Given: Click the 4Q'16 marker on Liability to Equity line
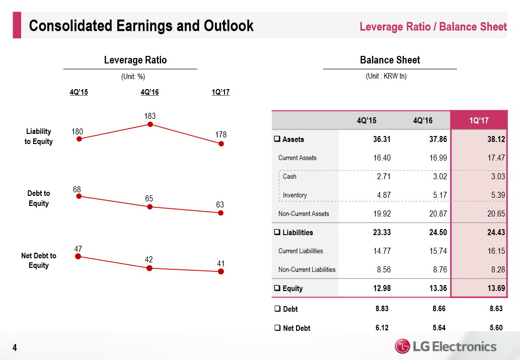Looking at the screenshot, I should click(150, 125).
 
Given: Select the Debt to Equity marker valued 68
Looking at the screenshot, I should click(79, 197).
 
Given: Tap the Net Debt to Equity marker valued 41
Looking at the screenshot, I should click(220, 271).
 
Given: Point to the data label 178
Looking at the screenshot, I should click(220, 135).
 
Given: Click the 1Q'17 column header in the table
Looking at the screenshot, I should click(478, 121).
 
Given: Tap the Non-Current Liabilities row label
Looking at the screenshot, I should click(307, 270).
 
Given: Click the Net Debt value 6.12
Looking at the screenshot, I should click(382, 328).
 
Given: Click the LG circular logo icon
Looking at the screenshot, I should click(403, 346).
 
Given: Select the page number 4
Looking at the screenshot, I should click(15, 347).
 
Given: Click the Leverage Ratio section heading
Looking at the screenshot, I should click(135, 60).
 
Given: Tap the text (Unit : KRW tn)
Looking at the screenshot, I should click(386, 77).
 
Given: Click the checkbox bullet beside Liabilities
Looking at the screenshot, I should click(277, 233).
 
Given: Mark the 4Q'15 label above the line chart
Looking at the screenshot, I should click(79, 92).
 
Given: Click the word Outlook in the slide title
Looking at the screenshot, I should click(226, 26).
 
